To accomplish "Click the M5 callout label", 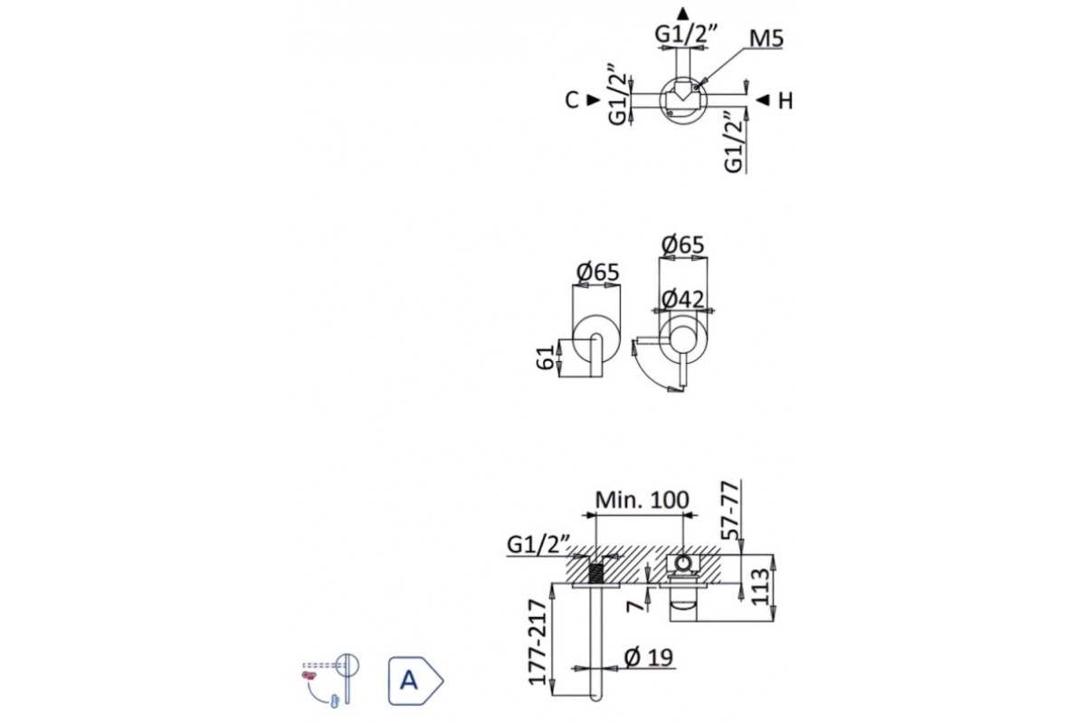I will coord(766,39).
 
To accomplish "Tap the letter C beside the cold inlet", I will coord(572,100).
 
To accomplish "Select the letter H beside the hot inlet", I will coord(785,100).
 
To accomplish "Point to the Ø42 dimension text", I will coord(682,300).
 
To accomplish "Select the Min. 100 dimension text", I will coord(642,500).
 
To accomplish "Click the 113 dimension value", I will coord(760,586).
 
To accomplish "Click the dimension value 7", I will coord(637,600).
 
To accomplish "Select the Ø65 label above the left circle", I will coord(596,271).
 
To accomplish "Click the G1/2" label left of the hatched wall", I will coord(538,545).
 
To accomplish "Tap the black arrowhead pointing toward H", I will coord(762,100).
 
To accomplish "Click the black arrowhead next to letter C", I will coord(593,100).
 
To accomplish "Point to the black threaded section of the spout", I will coord(596,574).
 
